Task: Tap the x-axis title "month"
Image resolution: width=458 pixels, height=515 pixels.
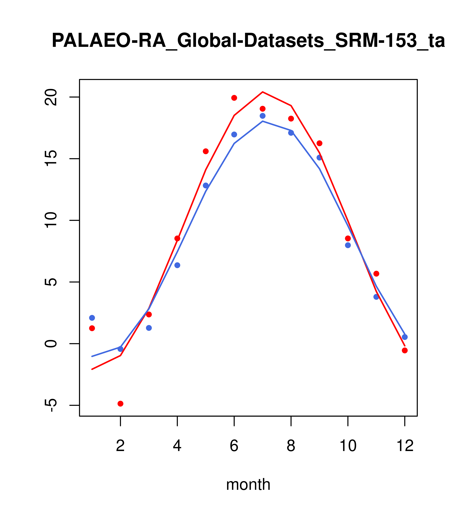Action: (x=248, y=484)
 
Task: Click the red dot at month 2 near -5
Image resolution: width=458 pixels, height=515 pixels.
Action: (x=121, y=404)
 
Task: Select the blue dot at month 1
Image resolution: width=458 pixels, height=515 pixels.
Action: (x=92, y=318)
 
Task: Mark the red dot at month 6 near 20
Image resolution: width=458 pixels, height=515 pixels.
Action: (x=234, y=98)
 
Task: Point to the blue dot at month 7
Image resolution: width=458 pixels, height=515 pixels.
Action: (x=263, y=116)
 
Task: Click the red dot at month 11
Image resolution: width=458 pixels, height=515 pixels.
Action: (x=376, y=274)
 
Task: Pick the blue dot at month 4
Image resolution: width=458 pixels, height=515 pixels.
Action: (x=177, y=265)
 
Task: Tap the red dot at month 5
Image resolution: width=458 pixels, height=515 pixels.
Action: (x=206, y=151)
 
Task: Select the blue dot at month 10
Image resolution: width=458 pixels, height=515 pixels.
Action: (x=348, y=245)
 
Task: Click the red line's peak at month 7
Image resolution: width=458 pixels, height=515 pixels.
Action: (x=263, y=92)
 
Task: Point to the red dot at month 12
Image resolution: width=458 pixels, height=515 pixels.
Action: (x=405, y=351)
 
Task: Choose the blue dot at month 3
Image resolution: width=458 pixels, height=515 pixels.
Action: (x=149, y=328)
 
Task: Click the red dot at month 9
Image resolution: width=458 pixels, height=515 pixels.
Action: (x=319, y=143)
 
